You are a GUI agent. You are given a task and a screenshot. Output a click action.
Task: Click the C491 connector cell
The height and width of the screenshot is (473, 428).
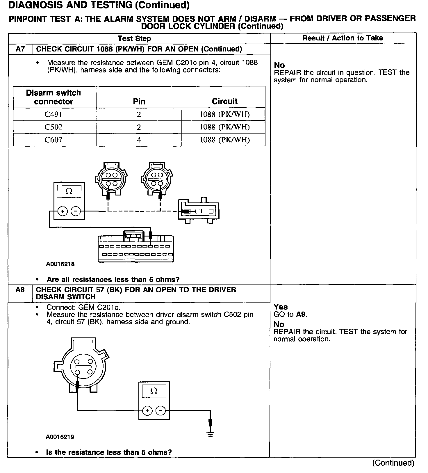point(53,114)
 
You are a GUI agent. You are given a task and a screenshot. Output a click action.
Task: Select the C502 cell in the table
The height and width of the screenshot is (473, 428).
point(53,127)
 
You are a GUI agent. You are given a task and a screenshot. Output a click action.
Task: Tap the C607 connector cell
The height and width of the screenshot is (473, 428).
point(53,140)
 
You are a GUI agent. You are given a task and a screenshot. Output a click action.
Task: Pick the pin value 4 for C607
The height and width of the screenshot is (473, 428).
point(139,140)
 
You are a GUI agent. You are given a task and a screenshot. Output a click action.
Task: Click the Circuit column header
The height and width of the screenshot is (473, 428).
point(224,101)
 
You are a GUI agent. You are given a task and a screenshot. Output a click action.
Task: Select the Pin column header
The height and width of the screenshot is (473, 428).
point(139,101)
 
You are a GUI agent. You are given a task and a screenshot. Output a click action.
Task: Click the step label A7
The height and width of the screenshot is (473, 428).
point(20,49)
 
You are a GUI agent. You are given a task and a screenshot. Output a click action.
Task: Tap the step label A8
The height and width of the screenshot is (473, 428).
point(20,290)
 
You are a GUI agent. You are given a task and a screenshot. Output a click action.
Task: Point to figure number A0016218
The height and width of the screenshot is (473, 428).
point(60,264)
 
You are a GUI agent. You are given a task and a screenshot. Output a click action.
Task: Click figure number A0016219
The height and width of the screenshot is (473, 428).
point(60,437)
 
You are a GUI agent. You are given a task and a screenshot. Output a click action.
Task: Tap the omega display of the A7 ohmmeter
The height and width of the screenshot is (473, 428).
point(69,191)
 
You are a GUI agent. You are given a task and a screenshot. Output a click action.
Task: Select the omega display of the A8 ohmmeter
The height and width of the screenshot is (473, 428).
point(154,391)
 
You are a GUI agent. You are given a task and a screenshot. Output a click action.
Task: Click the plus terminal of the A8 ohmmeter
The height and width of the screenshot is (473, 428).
point(147,411)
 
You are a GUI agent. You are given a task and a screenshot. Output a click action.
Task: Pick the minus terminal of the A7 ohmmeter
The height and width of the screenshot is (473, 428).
point(76,211)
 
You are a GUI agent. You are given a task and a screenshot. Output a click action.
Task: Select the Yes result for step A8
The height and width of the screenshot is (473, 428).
point(281,307)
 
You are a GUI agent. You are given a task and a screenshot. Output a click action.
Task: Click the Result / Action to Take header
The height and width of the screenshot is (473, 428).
point(343,38)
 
